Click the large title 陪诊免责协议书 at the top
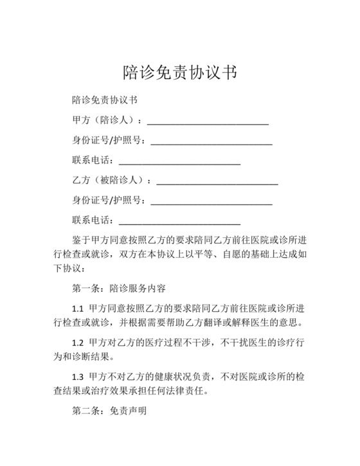point(180,71)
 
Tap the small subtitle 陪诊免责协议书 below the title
point(105,100)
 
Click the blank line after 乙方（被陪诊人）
point(217,181)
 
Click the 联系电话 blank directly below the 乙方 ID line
point(180,220)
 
